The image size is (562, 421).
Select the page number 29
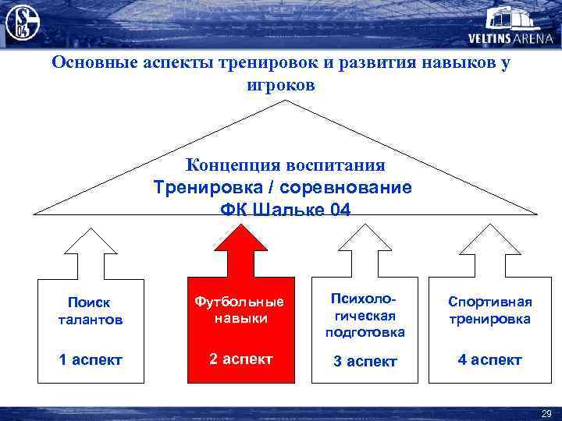pos(546,412)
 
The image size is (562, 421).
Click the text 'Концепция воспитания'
pos(285,165)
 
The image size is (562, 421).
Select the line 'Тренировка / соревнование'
pos(283,188)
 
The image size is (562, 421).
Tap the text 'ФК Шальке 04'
pos(286,210)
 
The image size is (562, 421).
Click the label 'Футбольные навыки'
pos(240,310)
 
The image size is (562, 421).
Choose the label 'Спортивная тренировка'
pos(489,310)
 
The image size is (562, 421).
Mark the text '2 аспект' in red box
pos(240,359)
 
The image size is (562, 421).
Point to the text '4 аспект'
pos(489,359)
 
